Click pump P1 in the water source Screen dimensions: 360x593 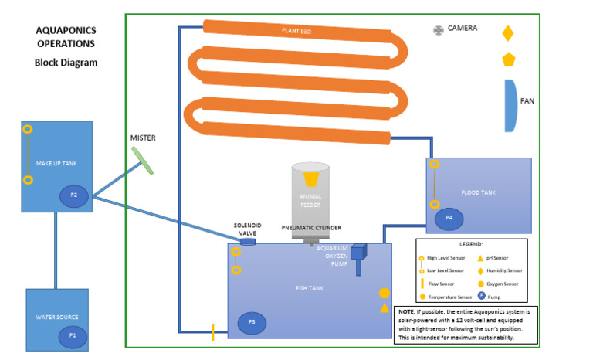pos(73,335)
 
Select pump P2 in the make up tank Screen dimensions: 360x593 pos(74,195)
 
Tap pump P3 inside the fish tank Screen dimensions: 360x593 pos(252,321)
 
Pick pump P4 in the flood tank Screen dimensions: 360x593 pos(449,219)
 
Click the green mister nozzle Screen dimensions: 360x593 pos(142,160)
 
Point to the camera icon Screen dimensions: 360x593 pos(439,30)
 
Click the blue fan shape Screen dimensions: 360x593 pos(510,105)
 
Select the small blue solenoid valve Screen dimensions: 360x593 pos(248,242)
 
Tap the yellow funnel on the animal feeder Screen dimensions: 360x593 pos(313,179)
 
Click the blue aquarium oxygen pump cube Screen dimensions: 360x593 pos(358,252)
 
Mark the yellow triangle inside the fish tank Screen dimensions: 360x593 pos(384,308)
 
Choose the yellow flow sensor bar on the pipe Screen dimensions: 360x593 pos(213,333)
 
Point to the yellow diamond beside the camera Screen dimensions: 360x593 pos(507,33)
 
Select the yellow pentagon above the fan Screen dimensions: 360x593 pos(508,59)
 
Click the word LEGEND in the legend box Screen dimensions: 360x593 pos(471,244)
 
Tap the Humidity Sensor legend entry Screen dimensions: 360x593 pos(504,271)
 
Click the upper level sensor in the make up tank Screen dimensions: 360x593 pos(27,129)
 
